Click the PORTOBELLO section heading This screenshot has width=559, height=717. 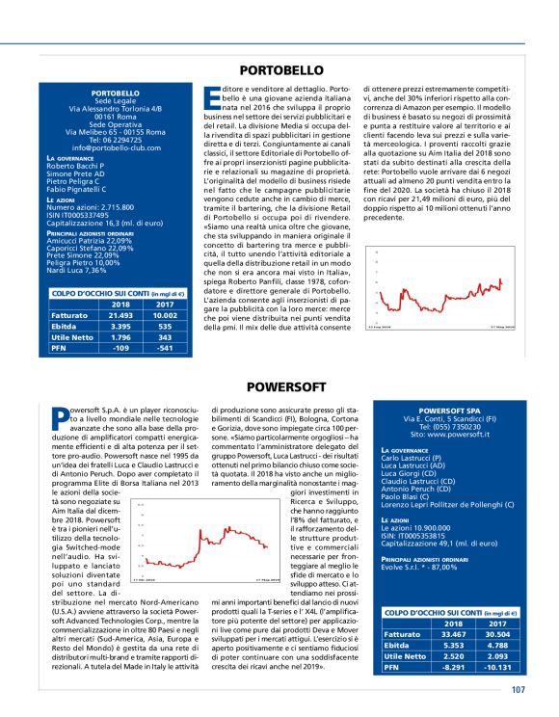pos(280,70)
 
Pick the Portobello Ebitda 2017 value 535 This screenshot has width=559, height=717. pos(166,326)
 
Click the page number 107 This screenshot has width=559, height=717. pos(518,689)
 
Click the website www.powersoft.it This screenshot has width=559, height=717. pos(449,435)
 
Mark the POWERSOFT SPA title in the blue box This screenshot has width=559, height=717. pos(449,412)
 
